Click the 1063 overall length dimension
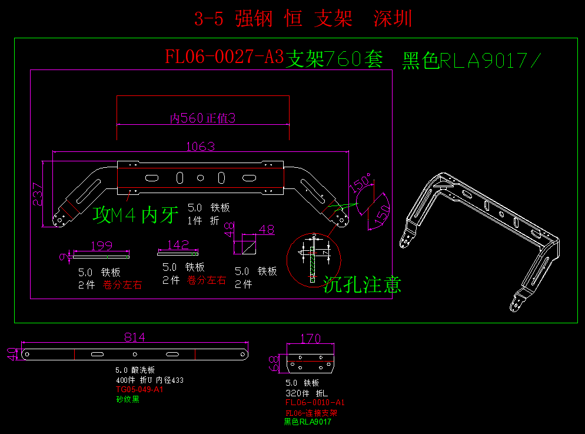[x=200, y=146]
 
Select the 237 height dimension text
[x=37, y=194]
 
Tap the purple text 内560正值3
[x=202, y=118]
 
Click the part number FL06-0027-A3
[x=224, y=57]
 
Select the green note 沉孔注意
[x=362, y=285]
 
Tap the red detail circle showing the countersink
[x=314, y=260]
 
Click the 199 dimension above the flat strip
[x=101, y=245]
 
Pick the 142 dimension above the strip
[x=177, y=244]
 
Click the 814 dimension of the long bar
[x=134, y=337]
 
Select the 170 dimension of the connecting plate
[x=310, y=339]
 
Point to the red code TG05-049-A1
[x=139, y=390]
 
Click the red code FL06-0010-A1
[x=315, y=402]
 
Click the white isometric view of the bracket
[x=483, y=236]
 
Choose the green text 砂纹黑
[x=128, y=399]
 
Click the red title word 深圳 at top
[x=393, y=19]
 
